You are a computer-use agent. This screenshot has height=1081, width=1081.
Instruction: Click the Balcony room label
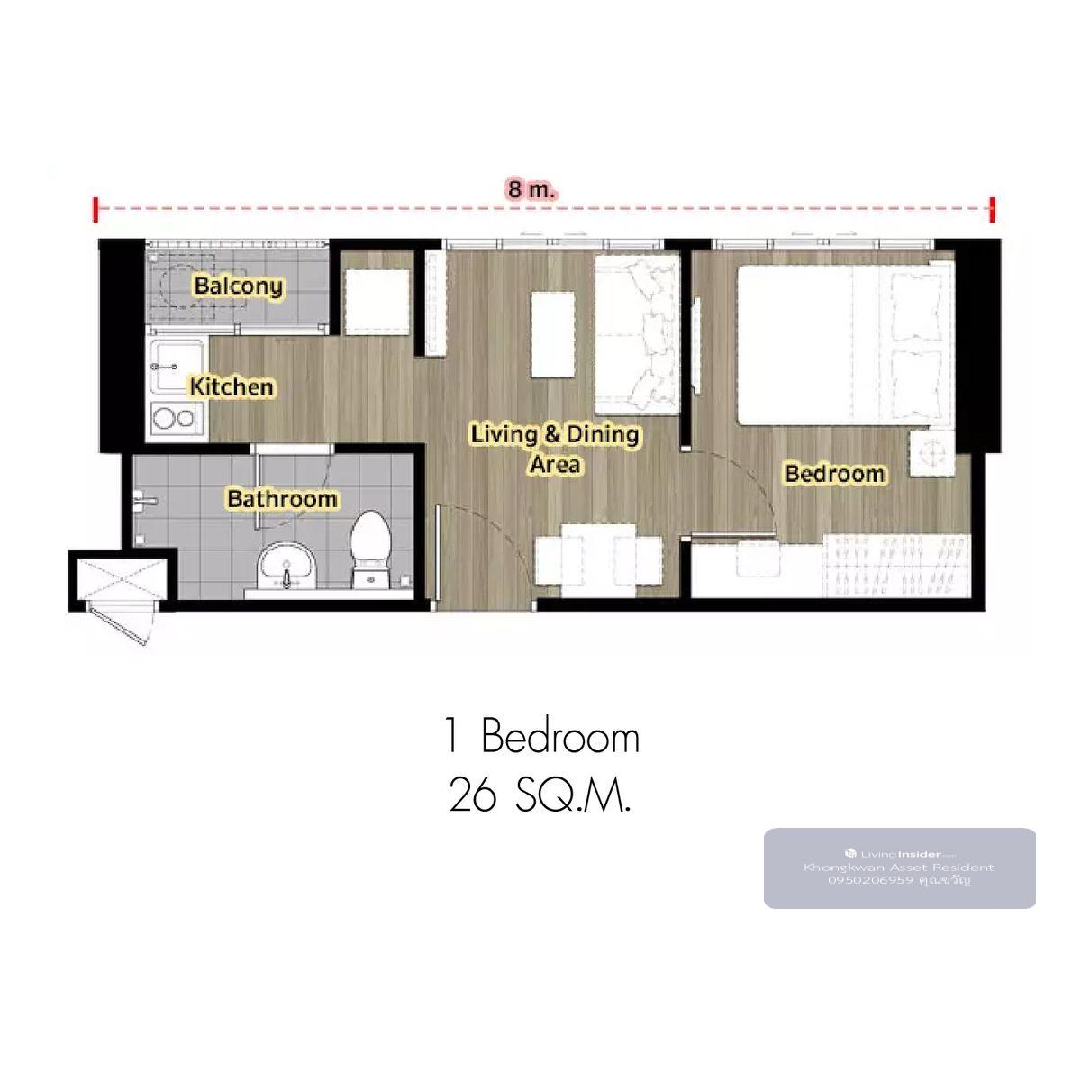coord(239,286)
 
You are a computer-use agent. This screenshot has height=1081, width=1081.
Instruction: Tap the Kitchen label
coord(232,386)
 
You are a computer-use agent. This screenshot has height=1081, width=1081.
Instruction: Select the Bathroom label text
coord(282,499)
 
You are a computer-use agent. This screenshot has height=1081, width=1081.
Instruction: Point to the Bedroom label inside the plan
coord(835,474)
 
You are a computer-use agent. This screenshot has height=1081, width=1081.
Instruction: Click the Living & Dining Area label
coord(555,449)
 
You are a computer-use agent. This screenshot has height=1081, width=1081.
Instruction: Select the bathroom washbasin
coord(286,565)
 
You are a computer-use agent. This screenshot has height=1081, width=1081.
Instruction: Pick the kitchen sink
coord(175,367)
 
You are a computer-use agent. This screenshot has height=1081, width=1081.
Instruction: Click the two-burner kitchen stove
coord(174,417)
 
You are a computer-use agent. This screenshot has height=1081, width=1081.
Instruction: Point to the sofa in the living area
coord(637,334)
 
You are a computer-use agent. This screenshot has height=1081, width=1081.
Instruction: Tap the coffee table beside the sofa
coord(553,334)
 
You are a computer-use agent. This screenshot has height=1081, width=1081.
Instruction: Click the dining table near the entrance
coord(599,560)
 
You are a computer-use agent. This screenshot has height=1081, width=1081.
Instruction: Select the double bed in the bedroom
coord(846,345)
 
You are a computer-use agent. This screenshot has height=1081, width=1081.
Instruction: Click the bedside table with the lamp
coord(931,452)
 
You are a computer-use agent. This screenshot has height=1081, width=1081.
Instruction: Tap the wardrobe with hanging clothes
coord(896,566)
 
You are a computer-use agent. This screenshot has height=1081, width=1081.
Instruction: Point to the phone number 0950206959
coord(870,880)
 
